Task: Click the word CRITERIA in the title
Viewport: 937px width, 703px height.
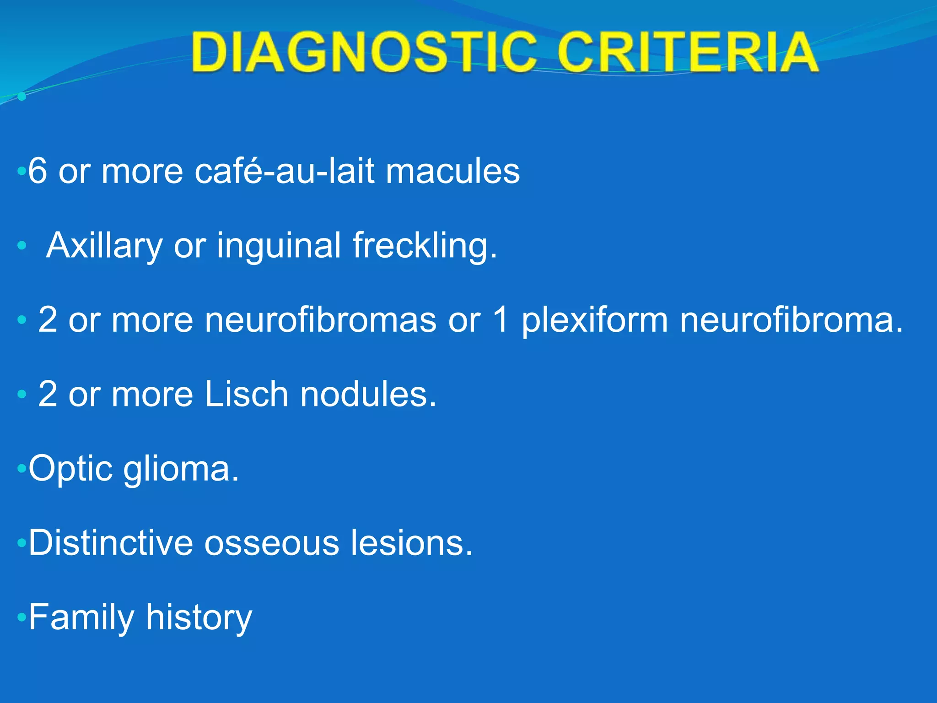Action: click(x=688, y=53)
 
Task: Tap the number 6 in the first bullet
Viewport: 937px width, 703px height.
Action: click(x=38, y=171)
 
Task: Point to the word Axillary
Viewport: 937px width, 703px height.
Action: click(x=104, y=246)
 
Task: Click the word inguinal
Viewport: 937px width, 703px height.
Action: click(x=279, y=245)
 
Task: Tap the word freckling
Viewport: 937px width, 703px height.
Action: click(x=424, y=246)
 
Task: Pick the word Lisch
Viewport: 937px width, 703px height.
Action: click(x=246, y=394)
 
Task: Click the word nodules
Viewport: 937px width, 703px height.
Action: click(x=368, y=394)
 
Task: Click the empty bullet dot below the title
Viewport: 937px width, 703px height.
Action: click(x=22, y=97)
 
